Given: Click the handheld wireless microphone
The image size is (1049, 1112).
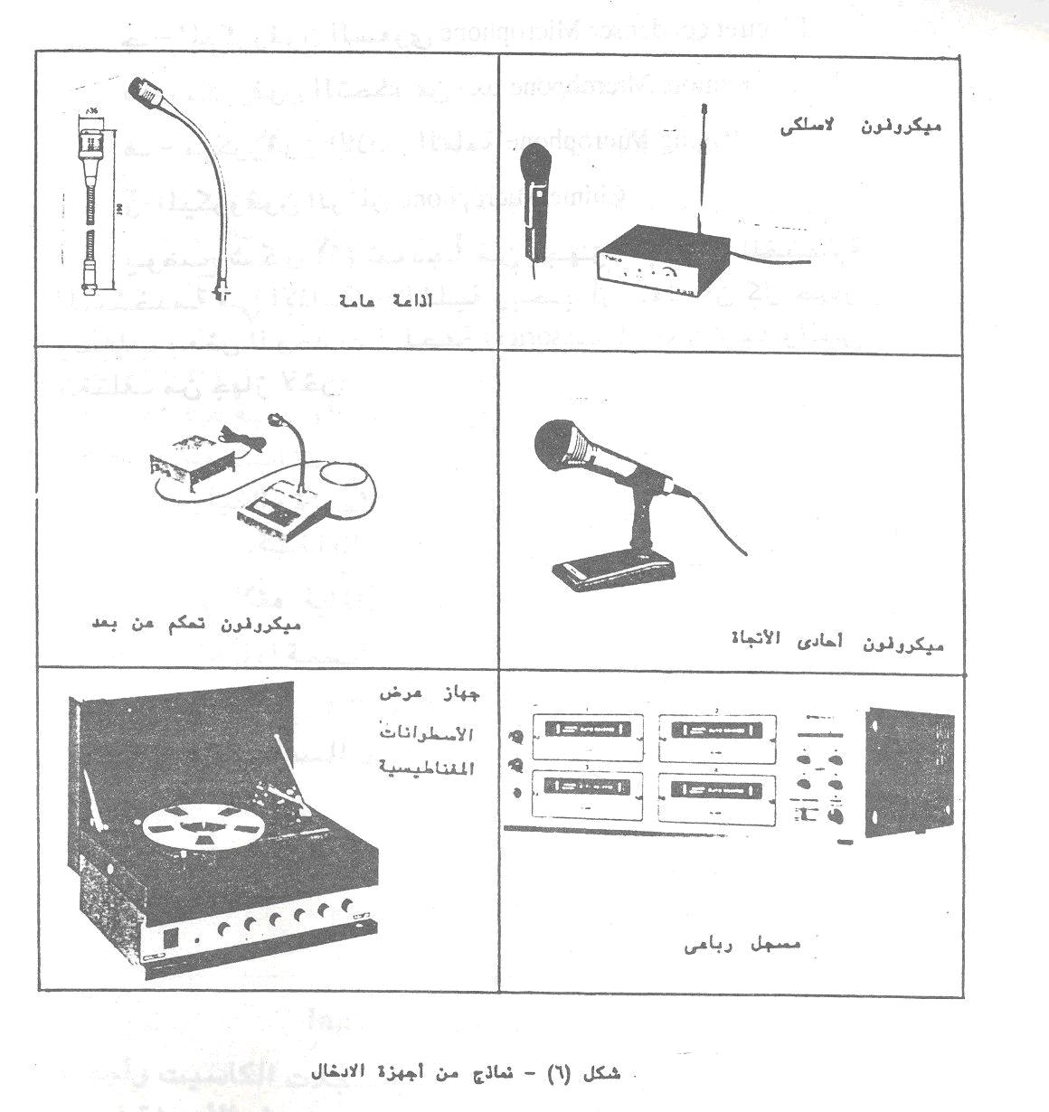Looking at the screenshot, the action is point(533,203).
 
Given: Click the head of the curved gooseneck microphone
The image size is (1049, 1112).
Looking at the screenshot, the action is point(145,89).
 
